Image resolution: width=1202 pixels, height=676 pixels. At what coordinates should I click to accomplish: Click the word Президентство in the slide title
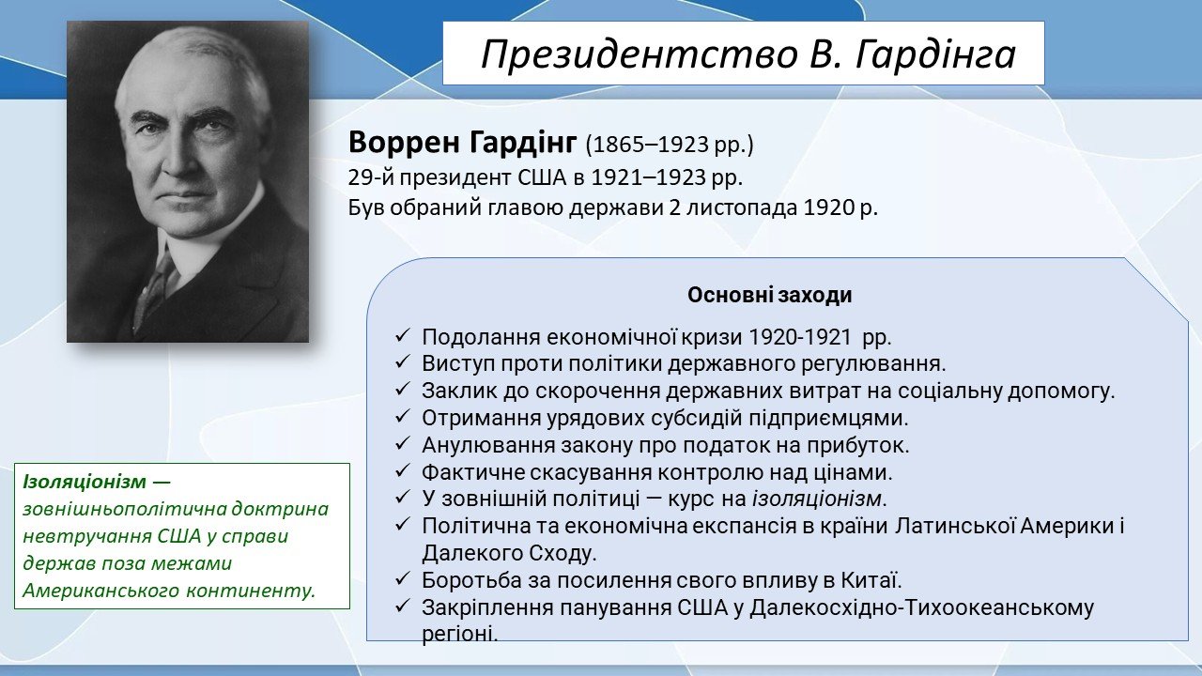[x=638, y=54]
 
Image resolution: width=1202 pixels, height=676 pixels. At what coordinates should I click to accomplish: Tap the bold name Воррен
[x=405, y=143]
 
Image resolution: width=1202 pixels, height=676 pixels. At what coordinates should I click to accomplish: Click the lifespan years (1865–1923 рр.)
[x=670, y=145]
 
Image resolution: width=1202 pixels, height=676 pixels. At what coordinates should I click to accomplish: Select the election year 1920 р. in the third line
[x=840, y=208]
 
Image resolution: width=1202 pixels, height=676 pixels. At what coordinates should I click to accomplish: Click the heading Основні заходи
[x=769, y=295]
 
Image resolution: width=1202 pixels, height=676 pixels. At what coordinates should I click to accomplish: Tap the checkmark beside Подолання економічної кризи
[x=402, y=336]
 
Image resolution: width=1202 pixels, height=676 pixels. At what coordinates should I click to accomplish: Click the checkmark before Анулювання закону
[x=402, y=444]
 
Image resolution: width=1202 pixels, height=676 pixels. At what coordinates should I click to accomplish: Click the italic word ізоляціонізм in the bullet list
[x=816, y=499]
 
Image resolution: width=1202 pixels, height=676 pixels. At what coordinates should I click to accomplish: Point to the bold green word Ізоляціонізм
[x=85, y=482]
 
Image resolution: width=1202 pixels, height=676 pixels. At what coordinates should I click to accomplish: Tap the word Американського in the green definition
[x=100, y=591]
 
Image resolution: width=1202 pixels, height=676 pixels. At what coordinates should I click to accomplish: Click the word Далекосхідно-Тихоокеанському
[x=921, y=607]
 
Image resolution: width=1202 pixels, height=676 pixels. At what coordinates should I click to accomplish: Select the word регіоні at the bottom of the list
[x=460, y=635]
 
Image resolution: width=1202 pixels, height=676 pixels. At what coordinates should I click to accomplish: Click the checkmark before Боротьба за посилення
[x=402, y=578]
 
